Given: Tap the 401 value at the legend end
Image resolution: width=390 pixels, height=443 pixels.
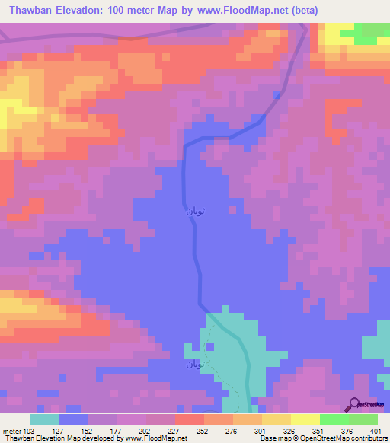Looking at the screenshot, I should pyautogui.click(x=373, y=430).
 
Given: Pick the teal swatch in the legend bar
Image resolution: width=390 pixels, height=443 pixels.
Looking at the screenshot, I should pyautogui.click(x=45, y=419).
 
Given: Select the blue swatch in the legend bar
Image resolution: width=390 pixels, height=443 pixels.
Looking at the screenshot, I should pyautogui.click(x=74, y=419).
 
